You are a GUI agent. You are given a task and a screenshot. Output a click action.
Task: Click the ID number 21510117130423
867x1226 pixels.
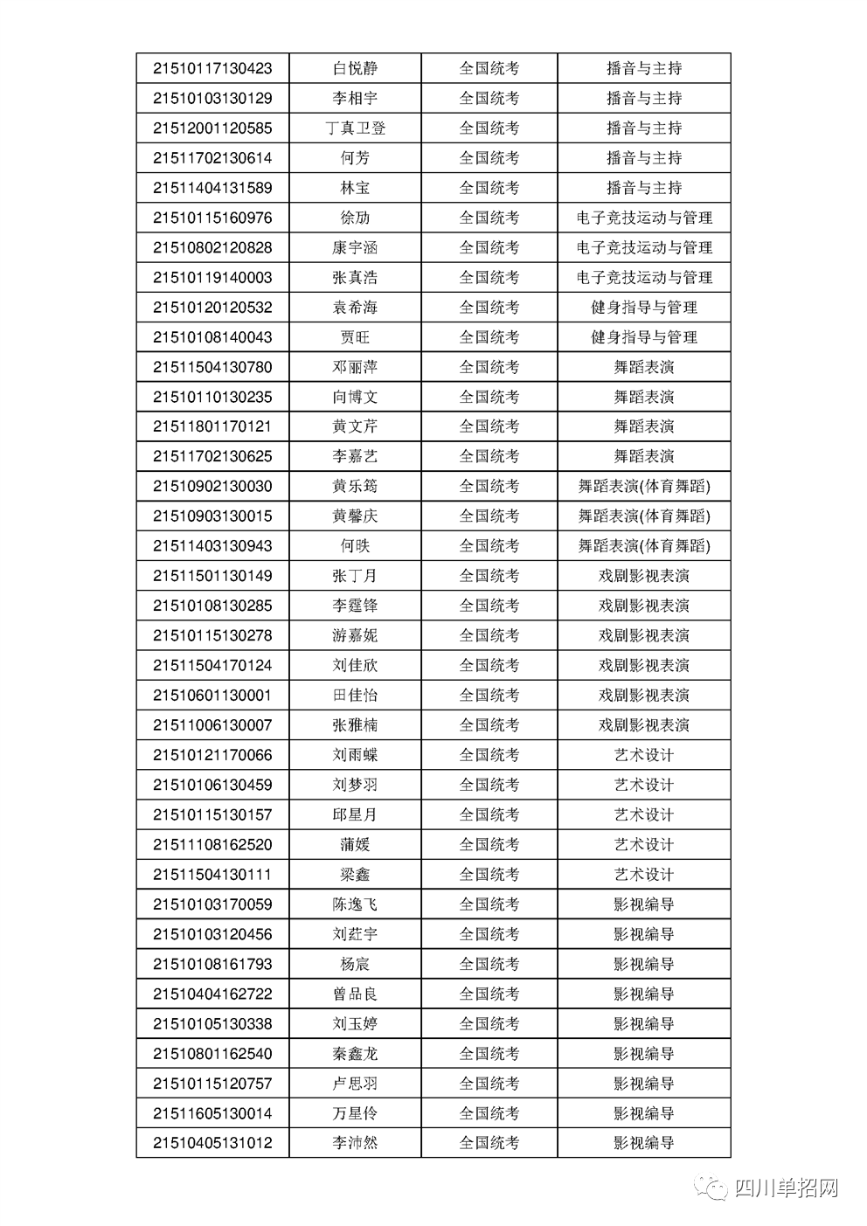click(212, 68)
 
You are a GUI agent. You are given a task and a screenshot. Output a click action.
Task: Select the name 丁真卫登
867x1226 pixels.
click(355, 128)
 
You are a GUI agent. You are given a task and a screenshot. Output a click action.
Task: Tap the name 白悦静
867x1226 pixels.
click(355, 68)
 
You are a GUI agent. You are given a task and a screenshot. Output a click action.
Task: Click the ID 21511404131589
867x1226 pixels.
click(212, 188)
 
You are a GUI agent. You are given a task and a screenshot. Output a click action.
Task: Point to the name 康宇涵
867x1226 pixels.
click(355, 247)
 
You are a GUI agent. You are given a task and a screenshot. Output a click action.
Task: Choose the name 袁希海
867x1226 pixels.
click(355, 308)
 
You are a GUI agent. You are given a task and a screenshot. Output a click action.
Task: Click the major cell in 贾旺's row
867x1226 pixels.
click(644, 337)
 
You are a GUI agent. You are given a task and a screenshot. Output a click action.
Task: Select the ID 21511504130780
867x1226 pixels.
click(212, 367)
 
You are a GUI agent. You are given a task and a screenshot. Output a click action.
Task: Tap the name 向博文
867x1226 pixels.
click(355, 397)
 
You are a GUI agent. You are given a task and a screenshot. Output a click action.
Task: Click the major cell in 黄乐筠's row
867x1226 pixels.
click(644, 487)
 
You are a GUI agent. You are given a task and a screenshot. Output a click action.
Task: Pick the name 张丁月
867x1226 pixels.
click(355, 576)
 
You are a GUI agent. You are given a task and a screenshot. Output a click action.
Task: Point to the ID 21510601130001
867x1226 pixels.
click(212, 696)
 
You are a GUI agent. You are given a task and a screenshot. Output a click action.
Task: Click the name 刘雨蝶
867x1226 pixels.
click(355, 755)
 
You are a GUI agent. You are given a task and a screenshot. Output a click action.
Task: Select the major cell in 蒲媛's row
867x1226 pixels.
click(644, 845)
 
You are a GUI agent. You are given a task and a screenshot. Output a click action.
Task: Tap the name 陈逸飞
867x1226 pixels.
click(355, 904)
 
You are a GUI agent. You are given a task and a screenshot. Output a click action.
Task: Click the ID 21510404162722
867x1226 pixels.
click(212, 994)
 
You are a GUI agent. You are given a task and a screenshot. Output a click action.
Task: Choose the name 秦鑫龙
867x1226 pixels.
click(355, 1054)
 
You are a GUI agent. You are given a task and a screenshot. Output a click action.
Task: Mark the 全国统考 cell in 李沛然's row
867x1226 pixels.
click(489, 1143)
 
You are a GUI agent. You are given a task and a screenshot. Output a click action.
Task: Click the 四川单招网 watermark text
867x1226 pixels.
click(787, 1188)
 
